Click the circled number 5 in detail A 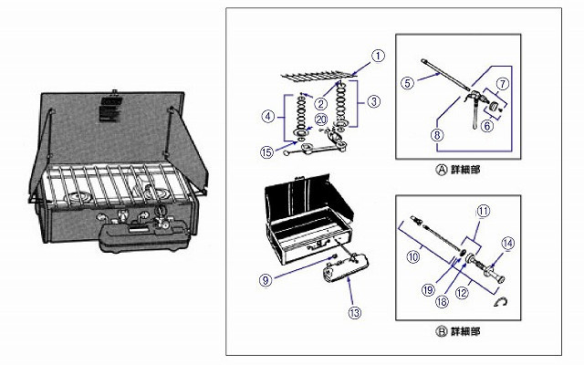pyautogui.click(x=410, y=82)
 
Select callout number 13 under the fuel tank pyautogui.click(x=355, y=311)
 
